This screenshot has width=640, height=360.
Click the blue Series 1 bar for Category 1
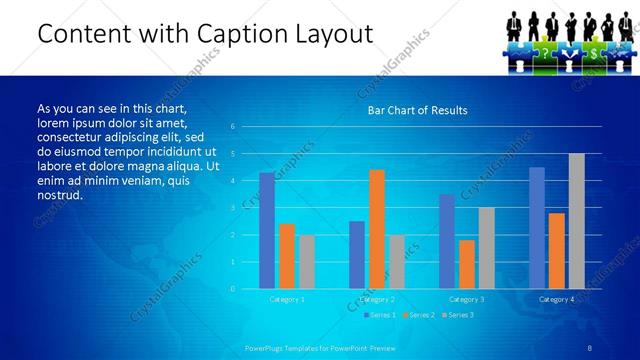click(267, 231)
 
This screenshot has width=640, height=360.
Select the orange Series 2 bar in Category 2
click(376, 229)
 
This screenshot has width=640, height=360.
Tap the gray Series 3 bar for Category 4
click(576, 221)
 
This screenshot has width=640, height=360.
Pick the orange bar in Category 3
click(466, 264)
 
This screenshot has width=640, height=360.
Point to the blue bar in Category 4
click(537, 228)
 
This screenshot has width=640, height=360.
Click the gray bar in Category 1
click(306, 262)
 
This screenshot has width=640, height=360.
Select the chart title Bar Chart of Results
click(417, 110)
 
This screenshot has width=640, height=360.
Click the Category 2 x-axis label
click(377, 299)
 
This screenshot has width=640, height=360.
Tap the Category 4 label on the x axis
click(556, 299)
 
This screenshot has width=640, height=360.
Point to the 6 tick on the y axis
click(232, 127)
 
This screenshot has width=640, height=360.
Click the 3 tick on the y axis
click(232, 208)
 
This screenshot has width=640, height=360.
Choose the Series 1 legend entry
click(379, 316)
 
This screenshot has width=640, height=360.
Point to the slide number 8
click(591, 345)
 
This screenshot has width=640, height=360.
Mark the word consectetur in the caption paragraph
click(69, 136)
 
